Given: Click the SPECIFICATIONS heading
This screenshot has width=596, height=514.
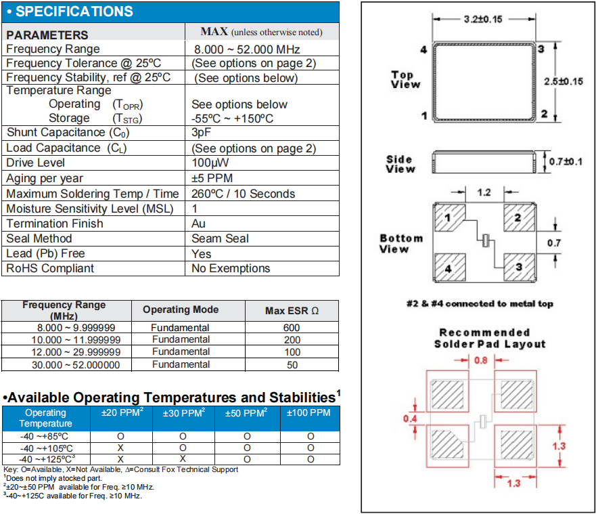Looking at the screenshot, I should point(74,12).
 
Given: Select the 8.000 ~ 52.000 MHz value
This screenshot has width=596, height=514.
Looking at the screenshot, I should point(247,49).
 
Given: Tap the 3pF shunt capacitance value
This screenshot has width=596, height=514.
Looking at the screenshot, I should point(201,133).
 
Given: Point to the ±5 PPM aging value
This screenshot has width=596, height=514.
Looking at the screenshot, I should point(212,179).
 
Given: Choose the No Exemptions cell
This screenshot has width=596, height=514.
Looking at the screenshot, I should point(231,269).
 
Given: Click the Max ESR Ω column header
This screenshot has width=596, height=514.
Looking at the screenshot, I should point(291,311).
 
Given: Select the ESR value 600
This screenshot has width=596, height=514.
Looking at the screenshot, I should point(292,328).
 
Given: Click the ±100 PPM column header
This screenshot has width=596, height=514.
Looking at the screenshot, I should point(308,412).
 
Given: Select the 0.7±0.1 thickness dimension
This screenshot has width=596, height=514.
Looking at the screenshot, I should point(565,161).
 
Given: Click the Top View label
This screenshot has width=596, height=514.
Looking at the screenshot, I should point(405,80).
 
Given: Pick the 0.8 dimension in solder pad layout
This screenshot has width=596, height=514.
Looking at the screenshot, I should point(481,360).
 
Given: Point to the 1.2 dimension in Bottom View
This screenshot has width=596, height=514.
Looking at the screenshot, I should point(484,193).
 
